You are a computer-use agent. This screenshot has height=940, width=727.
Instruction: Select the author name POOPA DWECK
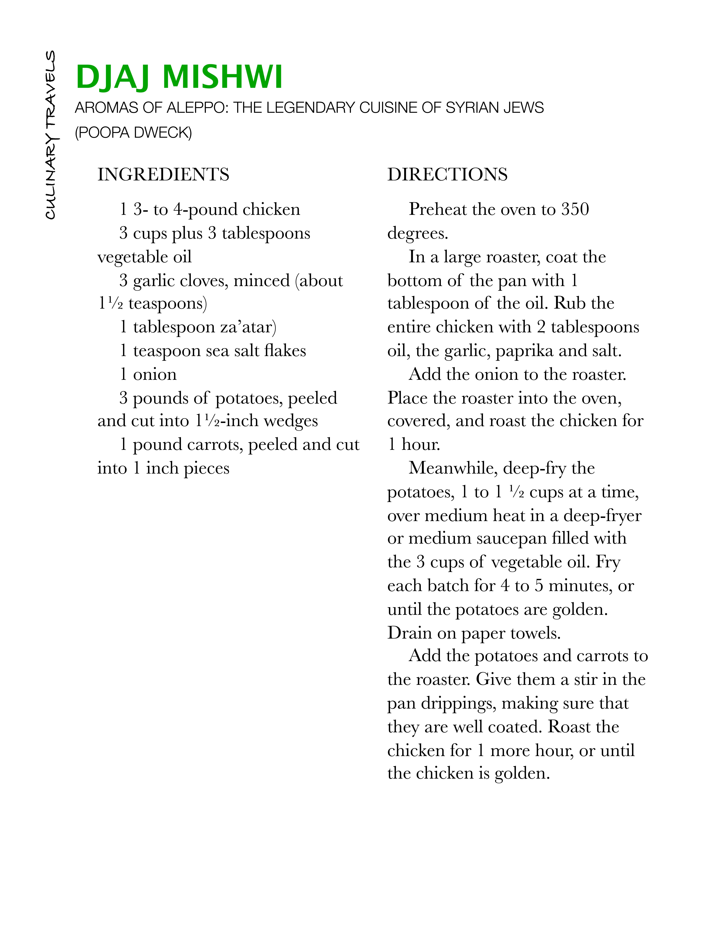click(x=133, y=133)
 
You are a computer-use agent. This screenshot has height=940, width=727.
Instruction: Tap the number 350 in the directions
click(x=575, y=210)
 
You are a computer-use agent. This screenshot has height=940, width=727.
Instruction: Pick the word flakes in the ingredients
click(x=285, y=351)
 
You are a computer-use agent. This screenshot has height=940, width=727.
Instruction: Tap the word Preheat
click(x=438, y=210)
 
